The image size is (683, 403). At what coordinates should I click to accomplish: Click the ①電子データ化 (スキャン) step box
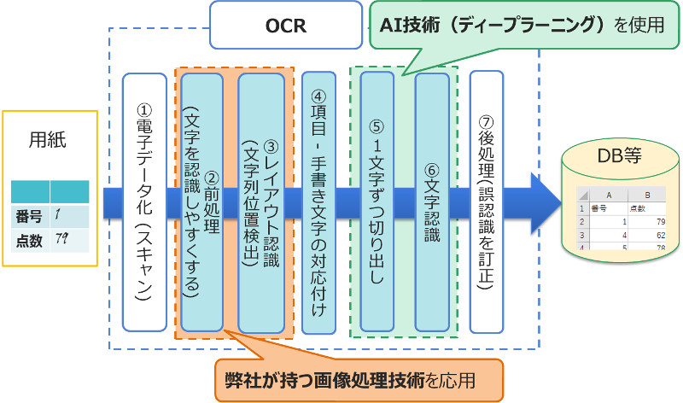point(144,201)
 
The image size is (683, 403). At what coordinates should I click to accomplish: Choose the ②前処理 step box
point(201,201)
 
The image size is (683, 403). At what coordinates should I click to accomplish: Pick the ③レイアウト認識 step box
point(260,201)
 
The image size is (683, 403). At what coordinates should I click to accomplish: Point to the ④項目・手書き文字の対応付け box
point(320,201)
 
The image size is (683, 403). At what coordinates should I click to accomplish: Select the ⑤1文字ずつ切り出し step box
point(377,201)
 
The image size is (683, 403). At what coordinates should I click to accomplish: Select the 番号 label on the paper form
point(30,216)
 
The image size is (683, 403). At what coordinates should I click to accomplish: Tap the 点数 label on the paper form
point(30,241)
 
